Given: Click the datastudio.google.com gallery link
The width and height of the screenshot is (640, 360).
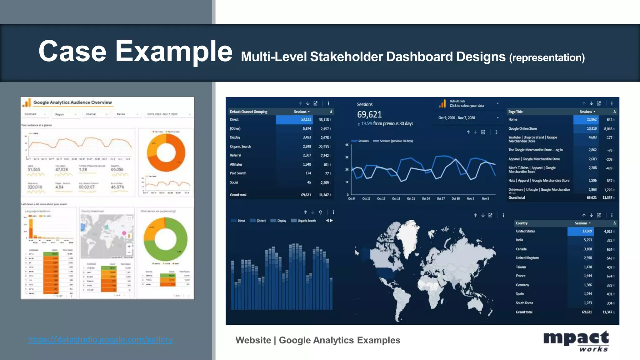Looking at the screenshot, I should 100,339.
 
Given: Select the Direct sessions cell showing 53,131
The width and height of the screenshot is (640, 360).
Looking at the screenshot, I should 306,119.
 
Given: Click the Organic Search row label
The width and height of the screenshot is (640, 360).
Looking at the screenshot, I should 240,146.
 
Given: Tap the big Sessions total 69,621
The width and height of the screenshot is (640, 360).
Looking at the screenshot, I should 369,114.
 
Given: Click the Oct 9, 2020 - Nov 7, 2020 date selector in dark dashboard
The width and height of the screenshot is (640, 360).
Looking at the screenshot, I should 457,118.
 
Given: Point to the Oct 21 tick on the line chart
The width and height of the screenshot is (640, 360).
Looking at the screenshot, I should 411,198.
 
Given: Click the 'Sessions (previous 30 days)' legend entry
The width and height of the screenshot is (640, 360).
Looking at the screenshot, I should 396,141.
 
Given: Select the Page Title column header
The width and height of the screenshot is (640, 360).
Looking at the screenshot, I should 515,112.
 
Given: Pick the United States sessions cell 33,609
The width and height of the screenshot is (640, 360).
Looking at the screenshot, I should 586,231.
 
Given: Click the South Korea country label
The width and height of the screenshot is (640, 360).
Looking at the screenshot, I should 524,303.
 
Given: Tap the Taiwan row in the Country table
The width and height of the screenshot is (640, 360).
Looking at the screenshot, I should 521,267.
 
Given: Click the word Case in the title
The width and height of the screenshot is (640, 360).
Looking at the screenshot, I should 72,51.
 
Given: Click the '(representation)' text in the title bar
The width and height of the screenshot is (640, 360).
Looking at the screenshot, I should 547,57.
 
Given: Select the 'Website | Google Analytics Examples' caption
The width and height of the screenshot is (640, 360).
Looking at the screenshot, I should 318,340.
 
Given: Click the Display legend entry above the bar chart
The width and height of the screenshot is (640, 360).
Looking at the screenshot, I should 281,221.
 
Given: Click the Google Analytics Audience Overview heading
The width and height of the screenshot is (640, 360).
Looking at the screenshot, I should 72,102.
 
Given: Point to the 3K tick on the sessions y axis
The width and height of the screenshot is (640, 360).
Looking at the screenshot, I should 347,157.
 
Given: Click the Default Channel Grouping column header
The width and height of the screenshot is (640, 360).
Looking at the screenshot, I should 248,112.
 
